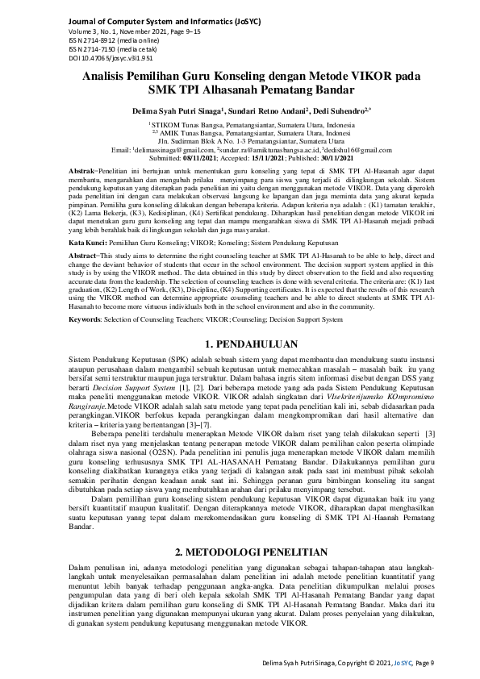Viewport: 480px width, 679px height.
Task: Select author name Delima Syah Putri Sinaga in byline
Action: tap(169, 106)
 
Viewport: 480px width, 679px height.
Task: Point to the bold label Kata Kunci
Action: tap(86, 242)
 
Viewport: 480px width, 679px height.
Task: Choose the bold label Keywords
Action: tap(87, 319)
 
